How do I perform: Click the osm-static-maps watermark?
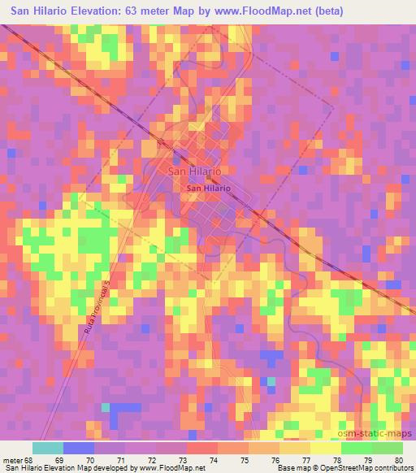point(376,435)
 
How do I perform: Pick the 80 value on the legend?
point(397,460)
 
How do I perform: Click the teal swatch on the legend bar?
point(48,448)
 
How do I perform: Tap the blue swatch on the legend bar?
point(79,448)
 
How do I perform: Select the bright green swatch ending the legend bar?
point(387,448)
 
